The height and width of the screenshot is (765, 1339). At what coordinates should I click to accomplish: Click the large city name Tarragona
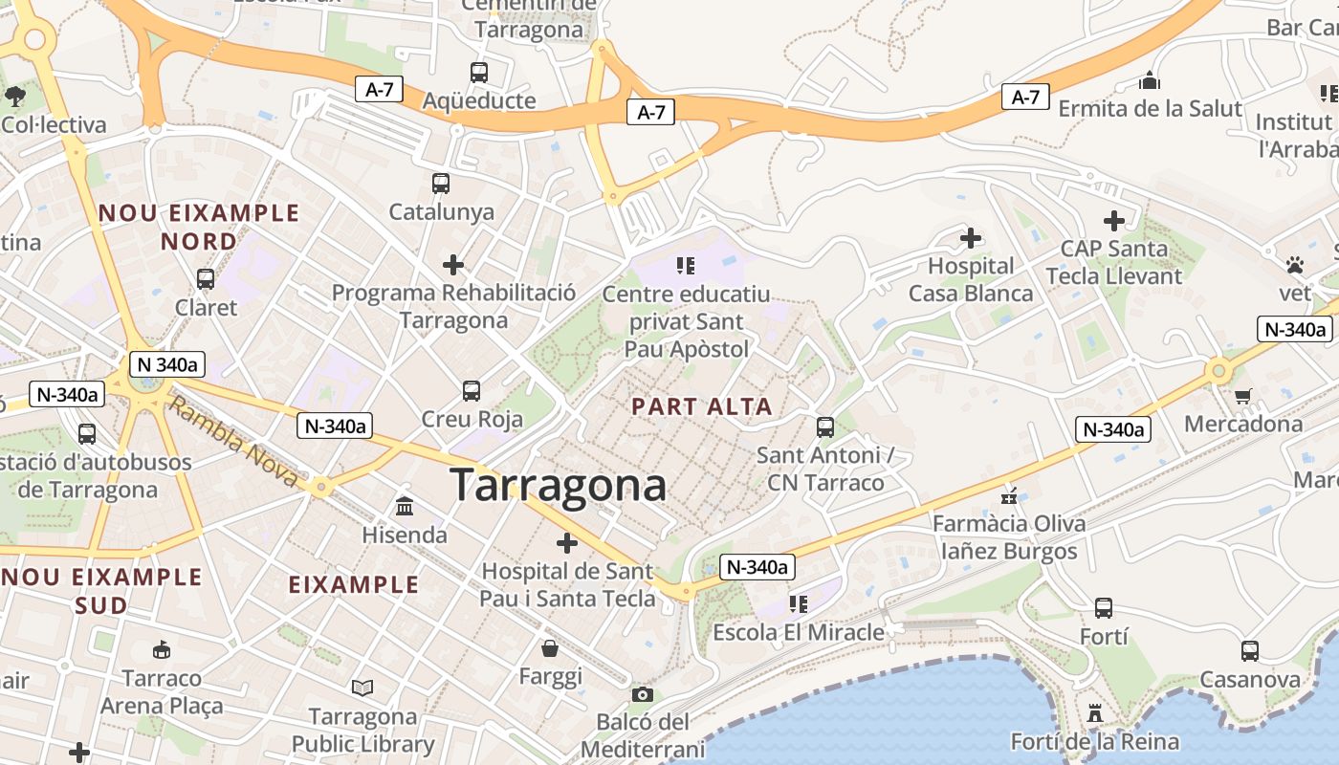(558, 485)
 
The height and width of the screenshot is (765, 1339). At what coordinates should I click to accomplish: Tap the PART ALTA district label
(702, 406)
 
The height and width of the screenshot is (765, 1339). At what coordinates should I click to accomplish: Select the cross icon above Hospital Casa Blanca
(971, 237)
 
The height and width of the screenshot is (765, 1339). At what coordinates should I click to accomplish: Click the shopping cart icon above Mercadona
(1242, 396)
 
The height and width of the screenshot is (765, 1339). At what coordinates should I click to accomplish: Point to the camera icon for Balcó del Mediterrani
(643, 694)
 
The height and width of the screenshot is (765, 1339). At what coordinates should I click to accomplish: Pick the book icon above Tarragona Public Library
(362, 688)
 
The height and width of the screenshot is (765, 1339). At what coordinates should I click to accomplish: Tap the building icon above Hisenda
(405, 506)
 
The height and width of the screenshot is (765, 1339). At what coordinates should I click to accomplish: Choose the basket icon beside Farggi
(550, 649)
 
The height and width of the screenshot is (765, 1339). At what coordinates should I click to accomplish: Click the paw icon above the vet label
(1295, 265)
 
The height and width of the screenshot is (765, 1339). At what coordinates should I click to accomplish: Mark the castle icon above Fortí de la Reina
(1095, 713)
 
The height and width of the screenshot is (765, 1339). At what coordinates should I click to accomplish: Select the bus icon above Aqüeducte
(479, 72)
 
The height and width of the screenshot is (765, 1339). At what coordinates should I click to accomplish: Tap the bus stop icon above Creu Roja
(472, 390)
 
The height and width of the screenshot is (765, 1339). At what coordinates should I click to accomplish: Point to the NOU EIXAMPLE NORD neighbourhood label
(199, 227)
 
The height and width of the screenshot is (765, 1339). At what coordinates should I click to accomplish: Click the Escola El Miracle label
(799, 632)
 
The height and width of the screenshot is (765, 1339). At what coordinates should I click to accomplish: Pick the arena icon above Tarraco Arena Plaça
(162, 650)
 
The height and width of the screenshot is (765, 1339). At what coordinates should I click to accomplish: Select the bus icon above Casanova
(1249, 651)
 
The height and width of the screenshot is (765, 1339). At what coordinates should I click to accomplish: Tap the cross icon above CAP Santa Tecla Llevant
(1114, 221)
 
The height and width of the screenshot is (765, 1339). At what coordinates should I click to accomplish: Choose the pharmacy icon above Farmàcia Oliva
(1009, 495)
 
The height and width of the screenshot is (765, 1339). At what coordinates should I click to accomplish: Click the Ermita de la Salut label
(1150, 108)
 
